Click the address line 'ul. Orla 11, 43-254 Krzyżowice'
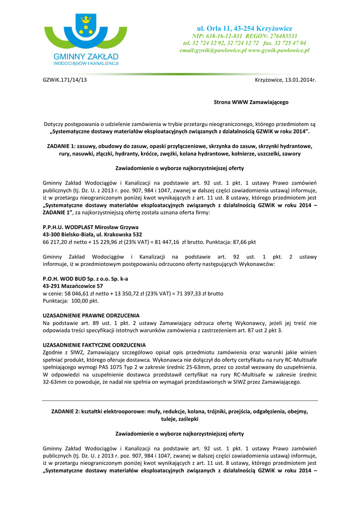click(x=244, y=28)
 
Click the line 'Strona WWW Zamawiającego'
click(x=251, y=102)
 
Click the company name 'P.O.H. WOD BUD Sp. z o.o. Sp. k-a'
click(x=85, y=279)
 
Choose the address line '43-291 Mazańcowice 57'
click(x=73, y=286)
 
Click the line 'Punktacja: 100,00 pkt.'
click(x=71, y=301)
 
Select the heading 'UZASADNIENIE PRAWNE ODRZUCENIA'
click(x=91, y=316)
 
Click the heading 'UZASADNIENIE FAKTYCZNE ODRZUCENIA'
click(x=94, y=345)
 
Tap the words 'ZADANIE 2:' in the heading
click(x=66, y=411)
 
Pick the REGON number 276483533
click(x=280, y=36)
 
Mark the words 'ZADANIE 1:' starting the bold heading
click(x=61, y=146)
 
